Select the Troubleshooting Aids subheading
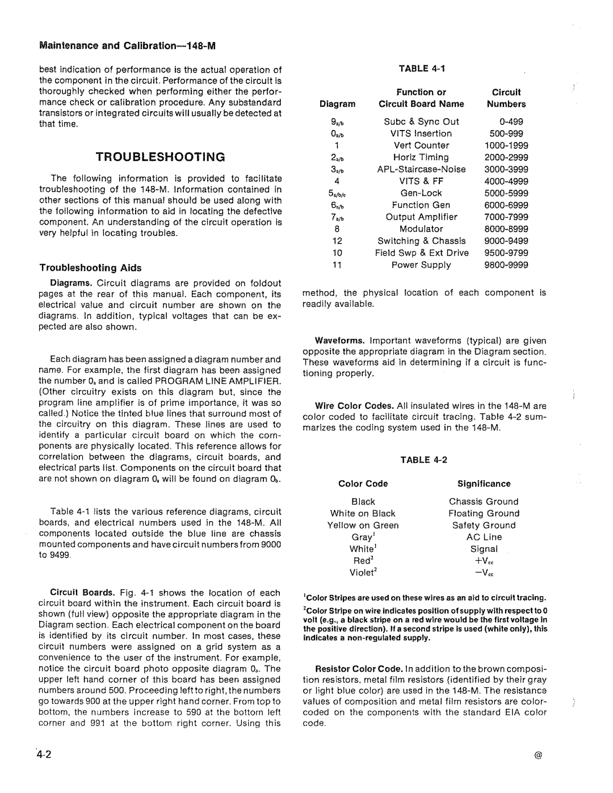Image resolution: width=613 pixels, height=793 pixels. pyautogui.click(x=90, y=268)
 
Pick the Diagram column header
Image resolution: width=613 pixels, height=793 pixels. pyautogui.click(x=337, y=104)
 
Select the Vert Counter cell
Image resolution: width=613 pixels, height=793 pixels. pyautogui.click(x=421, y=145)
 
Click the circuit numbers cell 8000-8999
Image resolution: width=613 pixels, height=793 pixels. pyautogui.click(x=506, y=229)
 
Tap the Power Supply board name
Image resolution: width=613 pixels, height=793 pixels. pyautogui.click(x=421, y=265)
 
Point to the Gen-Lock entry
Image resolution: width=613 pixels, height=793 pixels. pyautogui.click(x=421, y=193)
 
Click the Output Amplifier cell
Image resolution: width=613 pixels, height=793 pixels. pyautogui.click(x=421, y=217)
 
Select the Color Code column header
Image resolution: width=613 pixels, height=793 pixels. pyautogui.click(x=363, y=484)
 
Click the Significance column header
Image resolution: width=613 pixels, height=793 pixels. pyautogui.click(x=484, y=484)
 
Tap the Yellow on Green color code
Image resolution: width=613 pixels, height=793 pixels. pyautogui.click(x=363, y=526)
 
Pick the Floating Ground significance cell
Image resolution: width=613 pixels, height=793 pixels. pyautogui.click(x=484, y=514)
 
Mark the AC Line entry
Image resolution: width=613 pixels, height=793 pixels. pyautogui.click(x=484, y=537)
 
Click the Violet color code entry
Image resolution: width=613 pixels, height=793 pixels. pyautogui.click(x=363, y=573)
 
